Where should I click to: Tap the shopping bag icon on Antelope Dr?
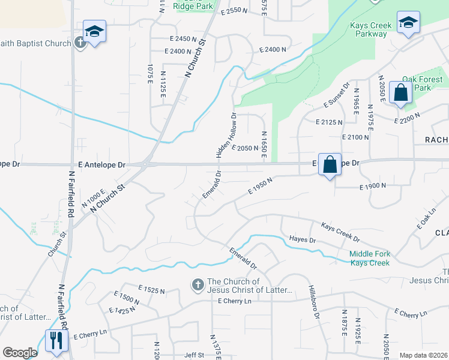tap(330, 164)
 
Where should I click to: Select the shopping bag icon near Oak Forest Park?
tap(400, 93)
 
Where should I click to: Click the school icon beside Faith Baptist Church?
tap(94, 31)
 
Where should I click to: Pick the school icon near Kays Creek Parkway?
tap(408, 23)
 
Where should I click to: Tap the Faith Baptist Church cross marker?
tap(80, 42)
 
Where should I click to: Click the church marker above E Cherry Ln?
tap(197, 286)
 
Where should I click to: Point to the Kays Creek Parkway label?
tap(371, 29)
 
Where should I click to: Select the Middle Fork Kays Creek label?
tap(370, 258)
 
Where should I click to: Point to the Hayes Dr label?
tap(302, 239)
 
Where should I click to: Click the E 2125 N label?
tap(329, 122)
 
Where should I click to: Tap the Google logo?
tap(20, 353)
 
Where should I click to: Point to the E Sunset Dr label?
tap(337, 95)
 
